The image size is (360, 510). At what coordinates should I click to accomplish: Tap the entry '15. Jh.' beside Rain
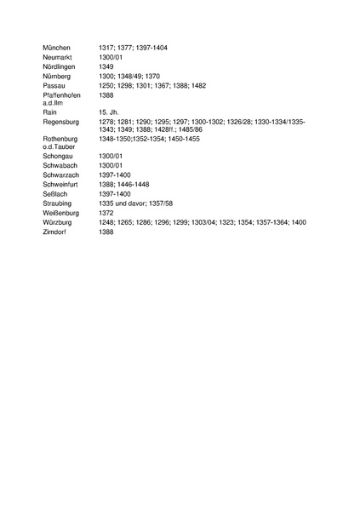[109, 112]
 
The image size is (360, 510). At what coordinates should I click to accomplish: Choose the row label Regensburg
[61, 122]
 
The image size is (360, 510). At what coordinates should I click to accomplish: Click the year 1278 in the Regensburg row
[107, 122]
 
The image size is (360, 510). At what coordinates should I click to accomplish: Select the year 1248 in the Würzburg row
[107, 222]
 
